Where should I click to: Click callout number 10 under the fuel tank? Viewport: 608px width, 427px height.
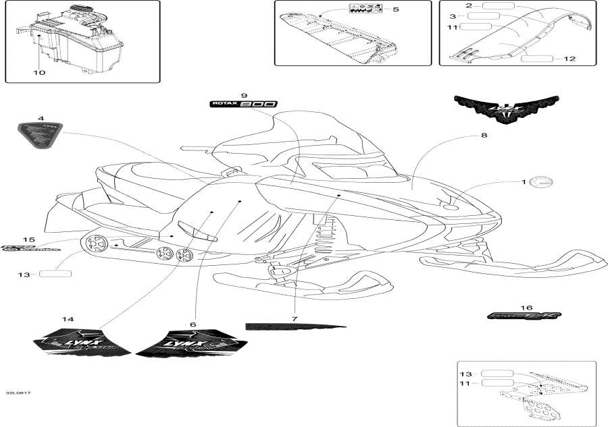coord(40,72)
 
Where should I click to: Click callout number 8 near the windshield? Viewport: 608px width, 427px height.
coord(484,136)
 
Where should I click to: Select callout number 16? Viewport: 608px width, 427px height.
coord(526,306)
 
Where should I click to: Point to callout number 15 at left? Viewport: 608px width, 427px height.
coord(28,239)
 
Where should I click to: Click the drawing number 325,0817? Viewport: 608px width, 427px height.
coord(18,393)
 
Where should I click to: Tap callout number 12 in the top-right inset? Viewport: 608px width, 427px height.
coord(569,59)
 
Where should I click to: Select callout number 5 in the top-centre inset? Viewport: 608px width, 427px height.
coord(396,9)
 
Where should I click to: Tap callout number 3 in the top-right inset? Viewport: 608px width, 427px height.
coord(453,16)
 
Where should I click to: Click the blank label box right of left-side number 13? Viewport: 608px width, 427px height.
coord(55,275)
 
